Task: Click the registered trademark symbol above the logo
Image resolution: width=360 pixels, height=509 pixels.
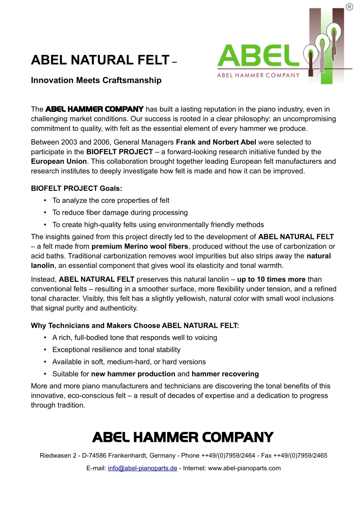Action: coord(349,7)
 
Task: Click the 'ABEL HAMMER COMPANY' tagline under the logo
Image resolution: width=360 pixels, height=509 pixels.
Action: coord(258,75)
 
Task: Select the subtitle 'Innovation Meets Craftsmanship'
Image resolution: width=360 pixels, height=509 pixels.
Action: coord(96,81)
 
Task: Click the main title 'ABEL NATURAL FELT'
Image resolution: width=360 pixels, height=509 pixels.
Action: coord(100,60)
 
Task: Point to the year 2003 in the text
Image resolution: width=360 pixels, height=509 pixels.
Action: coord(71,142)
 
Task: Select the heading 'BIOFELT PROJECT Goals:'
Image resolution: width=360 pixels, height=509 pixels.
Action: coord(77,189)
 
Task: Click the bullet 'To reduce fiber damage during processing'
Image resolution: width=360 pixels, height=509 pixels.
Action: coord(120,212)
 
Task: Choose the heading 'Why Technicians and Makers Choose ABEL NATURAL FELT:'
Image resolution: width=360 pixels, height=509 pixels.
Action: coord(135,325)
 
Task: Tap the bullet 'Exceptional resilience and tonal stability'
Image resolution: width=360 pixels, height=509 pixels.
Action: coord(116,350)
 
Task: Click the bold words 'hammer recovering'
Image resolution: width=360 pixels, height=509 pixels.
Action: coord(225,374)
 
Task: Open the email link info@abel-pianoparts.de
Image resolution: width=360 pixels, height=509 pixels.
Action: coord(142,469)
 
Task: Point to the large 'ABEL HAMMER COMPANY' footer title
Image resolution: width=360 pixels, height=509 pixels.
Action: coord(183,437)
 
